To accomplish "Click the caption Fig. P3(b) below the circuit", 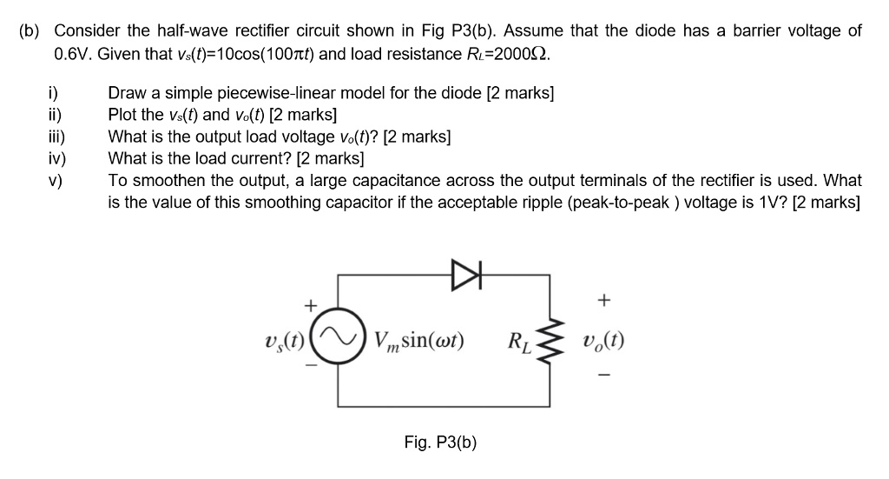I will pos(440,442).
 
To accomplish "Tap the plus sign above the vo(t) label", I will pos(604,300).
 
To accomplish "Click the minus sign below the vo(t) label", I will pos(604,377).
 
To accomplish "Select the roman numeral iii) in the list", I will pos(59,136).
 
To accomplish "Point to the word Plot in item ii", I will pos(123,115).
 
